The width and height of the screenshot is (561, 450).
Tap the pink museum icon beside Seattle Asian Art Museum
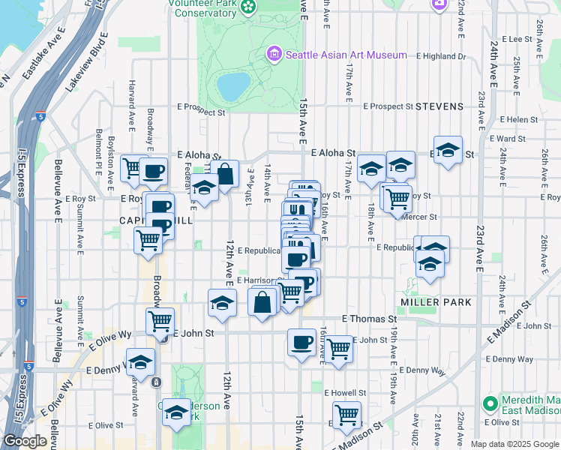click(x=274, y=54)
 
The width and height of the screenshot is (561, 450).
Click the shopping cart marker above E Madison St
click(x=346, y=415)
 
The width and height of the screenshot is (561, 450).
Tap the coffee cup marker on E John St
click(x=301, y=343)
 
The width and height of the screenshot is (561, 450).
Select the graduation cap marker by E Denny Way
click(x=140, y=362)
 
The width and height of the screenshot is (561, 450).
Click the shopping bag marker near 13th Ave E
click(x=224, y=175)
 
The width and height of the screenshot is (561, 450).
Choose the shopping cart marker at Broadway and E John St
click(x=160, y=322)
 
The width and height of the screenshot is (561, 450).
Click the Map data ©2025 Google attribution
click(x=514, y=444)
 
